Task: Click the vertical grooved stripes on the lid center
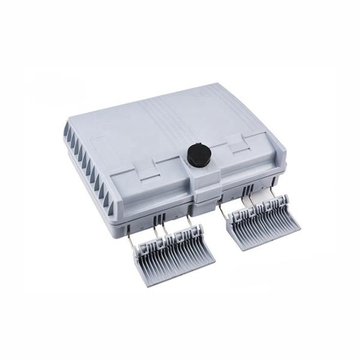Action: pos(174,120)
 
